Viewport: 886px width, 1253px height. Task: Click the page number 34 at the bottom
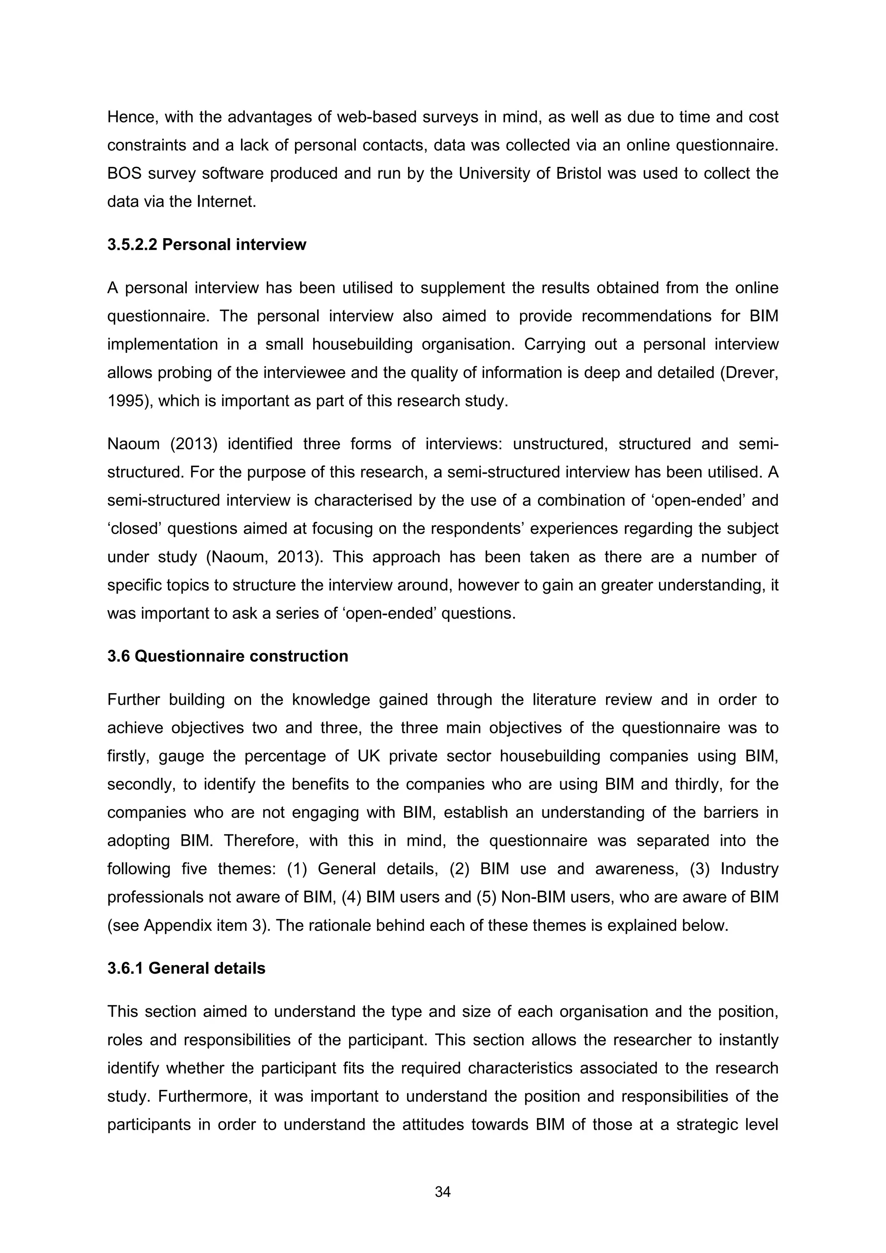click(442, 1192)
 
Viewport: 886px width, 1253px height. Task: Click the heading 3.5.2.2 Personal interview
click(206, 244)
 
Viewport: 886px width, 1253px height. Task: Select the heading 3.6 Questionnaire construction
click(227, 656)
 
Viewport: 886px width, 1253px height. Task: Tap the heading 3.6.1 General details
click(186, 968)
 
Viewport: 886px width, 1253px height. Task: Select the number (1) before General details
click(298, 869)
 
